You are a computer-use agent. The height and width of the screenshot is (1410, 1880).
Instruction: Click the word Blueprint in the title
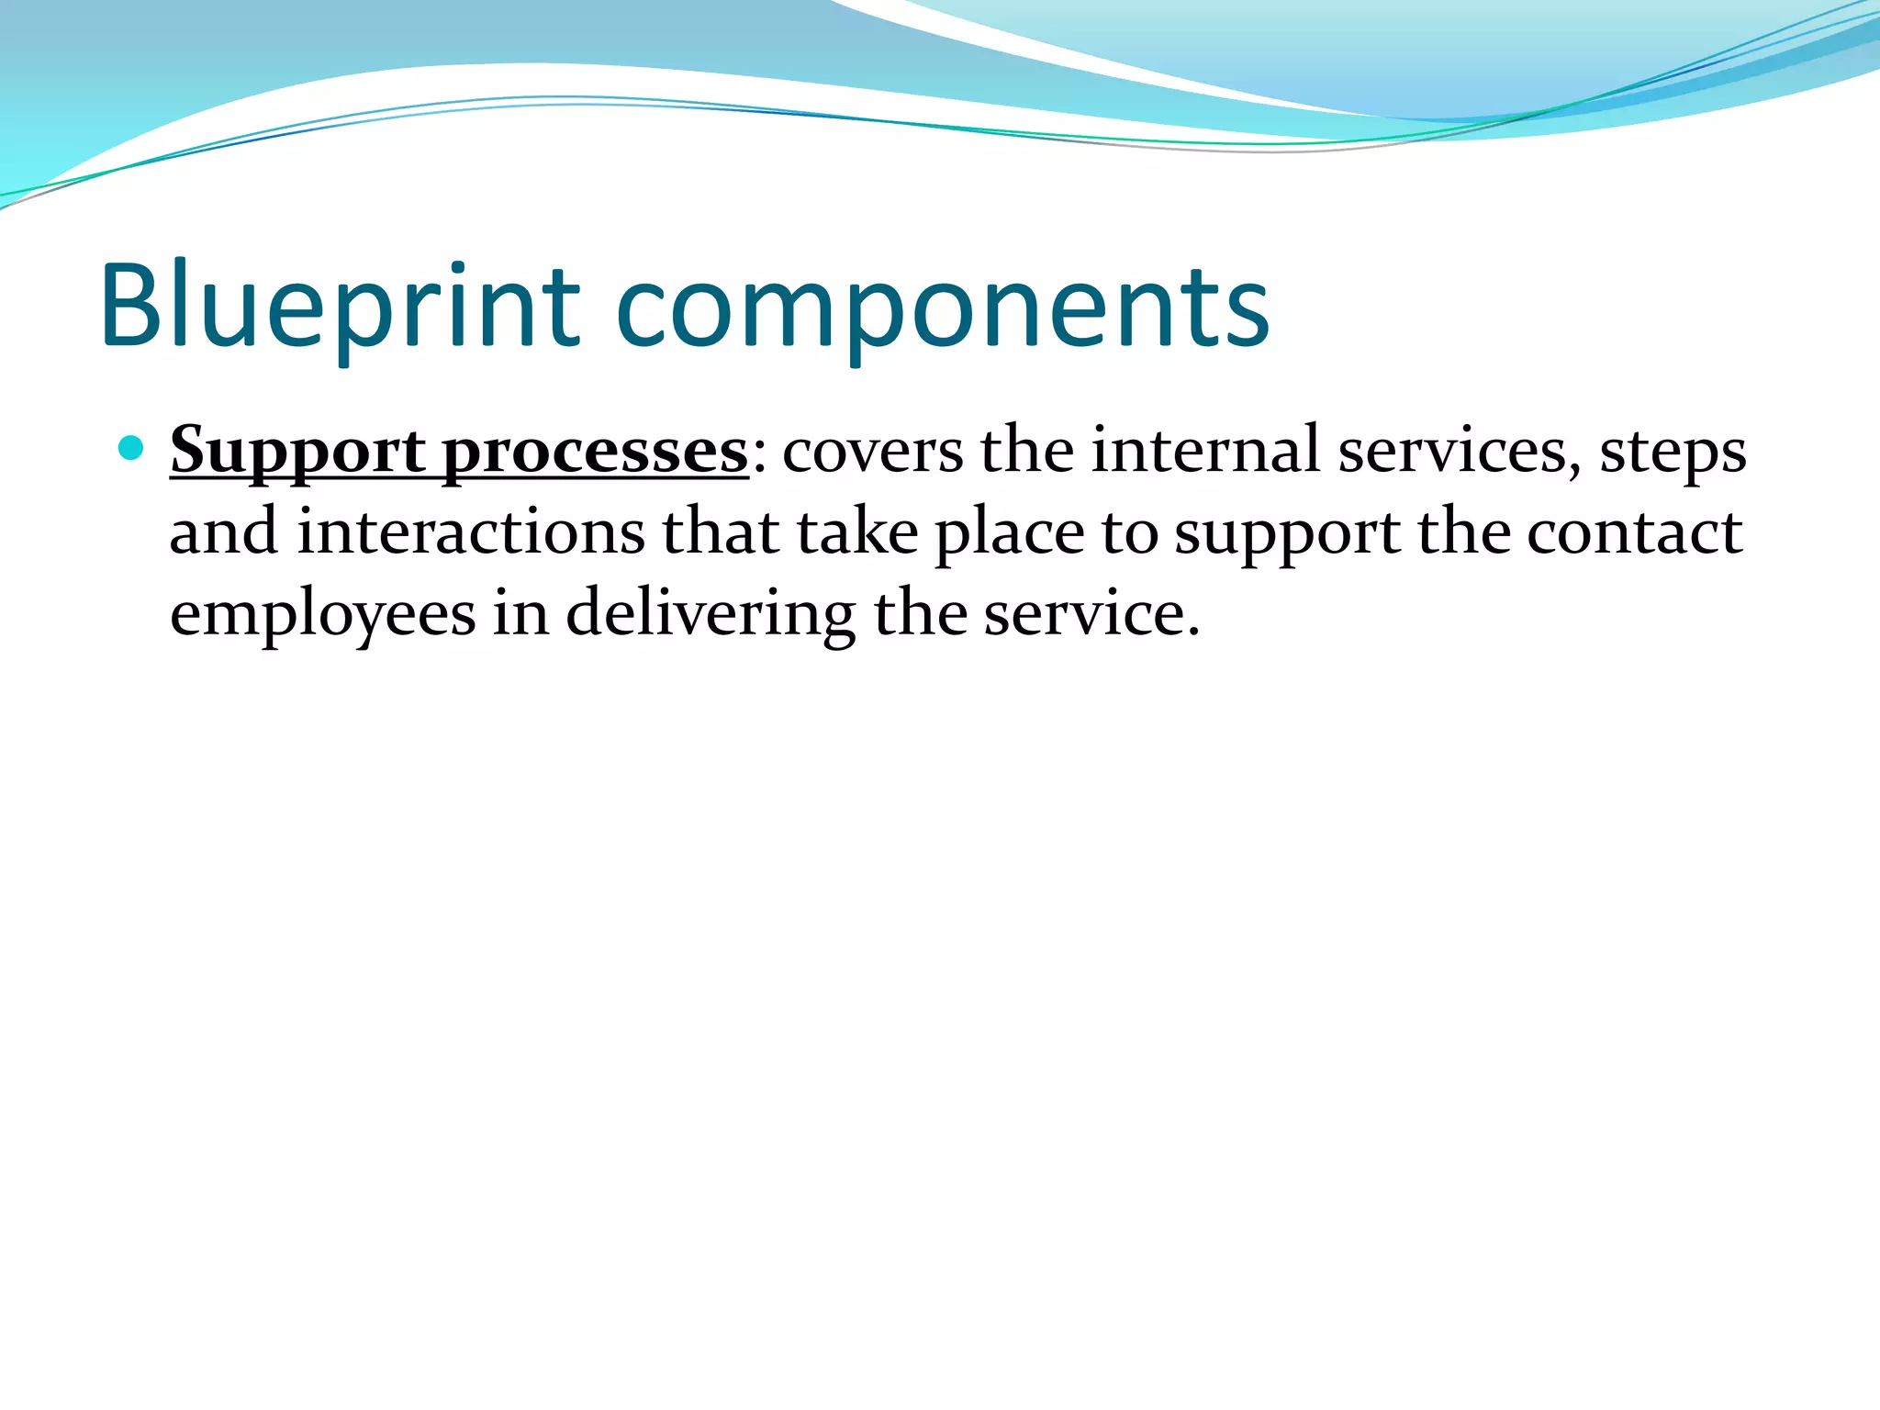pos(340,308)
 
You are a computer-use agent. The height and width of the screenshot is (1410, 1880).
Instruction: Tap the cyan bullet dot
pos(132,449)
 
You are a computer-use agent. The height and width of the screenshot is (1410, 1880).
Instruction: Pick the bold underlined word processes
pos(595,452)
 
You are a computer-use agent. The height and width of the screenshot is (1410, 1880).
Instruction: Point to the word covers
pos(872,452)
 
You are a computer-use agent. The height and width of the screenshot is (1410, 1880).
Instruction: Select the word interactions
pos(471,532)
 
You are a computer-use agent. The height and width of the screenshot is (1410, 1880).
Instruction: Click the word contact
pos(1634,532)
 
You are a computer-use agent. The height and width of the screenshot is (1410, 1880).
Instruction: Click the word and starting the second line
pos(224,532)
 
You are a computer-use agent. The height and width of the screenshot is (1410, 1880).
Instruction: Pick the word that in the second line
pos(721,532)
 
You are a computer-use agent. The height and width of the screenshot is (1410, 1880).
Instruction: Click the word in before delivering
pos(520,613)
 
